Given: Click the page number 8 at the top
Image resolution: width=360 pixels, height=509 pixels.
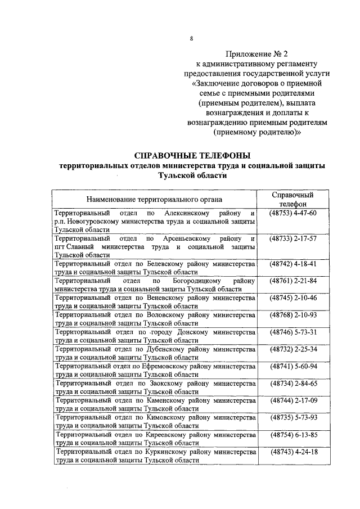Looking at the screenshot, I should coord(191,39).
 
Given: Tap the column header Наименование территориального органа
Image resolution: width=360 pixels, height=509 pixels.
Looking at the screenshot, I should coord(154,199).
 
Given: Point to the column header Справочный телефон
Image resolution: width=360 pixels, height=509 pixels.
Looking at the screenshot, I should coord(292,199).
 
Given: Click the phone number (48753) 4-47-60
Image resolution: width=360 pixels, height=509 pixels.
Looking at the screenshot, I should coord(292,214).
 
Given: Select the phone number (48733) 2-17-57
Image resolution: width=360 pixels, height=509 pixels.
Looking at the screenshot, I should coord(292,239).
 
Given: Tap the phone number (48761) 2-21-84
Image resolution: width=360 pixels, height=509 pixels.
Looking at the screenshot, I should coord(292,281).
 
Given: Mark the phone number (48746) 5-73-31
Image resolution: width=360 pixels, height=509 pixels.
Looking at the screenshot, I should coord(292,332).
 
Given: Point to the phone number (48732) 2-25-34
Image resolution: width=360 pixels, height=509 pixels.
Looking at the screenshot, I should coord(292,349).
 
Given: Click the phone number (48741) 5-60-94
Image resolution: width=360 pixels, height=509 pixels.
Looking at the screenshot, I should coord(292,366).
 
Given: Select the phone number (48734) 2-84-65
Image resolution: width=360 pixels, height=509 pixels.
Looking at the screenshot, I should coord(292,384).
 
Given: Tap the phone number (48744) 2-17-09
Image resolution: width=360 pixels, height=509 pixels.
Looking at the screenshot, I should coord(292,400).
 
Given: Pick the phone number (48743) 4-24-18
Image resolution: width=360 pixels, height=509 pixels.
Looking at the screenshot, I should coord(292,452).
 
